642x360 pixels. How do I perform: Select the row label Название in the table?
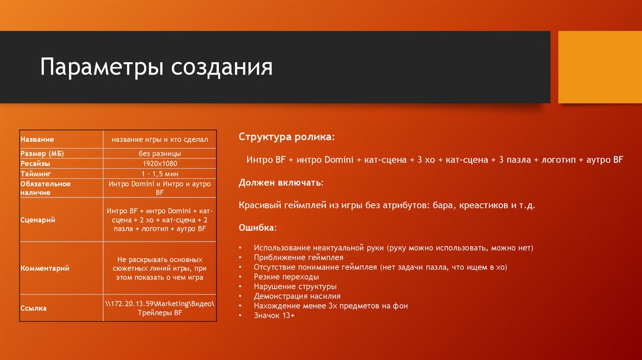click(37, 139)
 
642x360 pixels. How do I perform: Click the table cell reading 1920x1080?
click(160, 163)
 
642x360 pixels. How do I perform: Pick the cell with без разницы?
click(160, 153)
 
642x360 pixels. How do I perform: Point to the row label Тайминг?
click(35, 172)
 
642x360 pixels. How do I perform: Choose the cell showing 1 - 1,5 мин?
click(160, 172)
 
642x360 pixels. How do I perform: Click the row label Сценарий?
click(36, 220)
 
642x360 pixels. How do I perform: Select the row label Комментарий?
click(45, 268)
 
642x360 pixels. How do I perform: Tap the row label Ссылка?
click(33, 308)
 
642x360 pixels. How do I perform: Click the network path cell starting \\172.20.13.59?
click(160, 308)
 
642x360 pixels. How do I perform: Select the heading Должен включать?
click(281, 183)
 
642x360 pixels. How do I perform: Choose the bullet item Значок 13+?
click(274, 315)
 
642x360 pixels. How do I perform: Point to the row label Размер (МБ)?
click(43, 153)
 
